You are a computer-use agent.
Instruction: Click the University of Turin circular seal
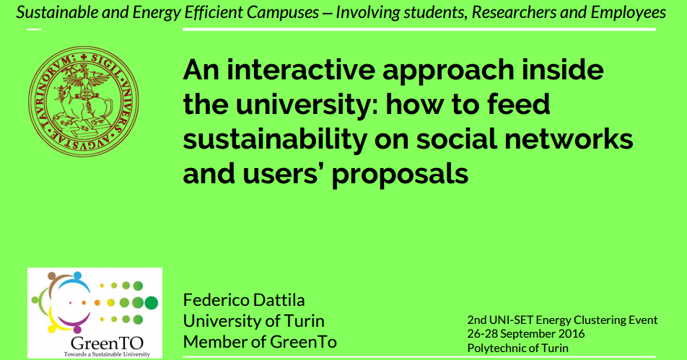pyautogui.click(x=83, y=102)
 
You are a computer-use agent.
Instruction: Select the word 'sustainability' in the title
pyautogui.click(x=275, y=139)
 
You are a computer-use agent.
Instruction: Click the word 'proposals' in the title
pyautogui.click(x=400, y=175)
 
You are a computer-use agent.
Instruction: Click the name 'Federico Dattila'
pyautogui.click(x=244, y=300)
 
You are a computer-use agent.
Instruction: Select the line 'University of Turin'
pyautogui.click(x=254, y=321)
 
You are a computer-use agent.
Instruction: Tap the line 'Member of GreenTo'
pyautogui.click(x=260, y=342)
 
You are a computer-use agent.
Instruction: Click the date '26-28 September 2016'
pyautogui.click(x=526, y=334)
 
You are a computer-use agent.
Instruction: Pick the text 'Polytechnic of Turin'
pyautogui.click(x=518, y=348)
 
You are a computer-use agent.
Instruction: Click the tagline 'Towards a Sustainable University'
pyautogui.click(x=107, y=354)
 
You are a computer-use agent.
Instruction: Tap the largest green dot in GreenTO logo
pyautogui.click(x=151, y=302)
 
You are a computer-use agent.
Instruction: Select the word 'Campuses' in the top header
pyautogui.click(x=283, y=12)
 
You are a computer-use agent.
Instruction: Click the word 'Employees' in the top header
pyautogui.click(x=629, y=12)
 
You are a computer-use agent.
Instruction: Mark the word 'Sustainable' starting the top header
pyautogui.click(x=57, y=12)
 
